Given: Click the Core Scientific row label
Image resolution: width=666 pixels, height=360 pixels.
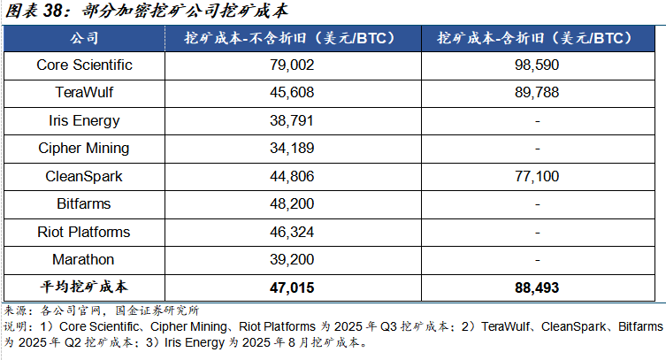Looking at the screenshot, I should click(84, 65).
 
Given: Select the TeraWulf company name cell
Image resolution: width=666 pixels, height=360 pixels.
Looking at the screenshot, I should click(84, 93).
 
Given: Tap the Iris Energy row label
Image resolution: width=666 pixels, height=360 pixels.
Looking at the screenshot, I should click(84, 120).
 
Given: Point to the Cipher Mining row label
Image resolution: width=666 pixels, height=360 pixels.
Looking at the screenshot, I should click(84, 148).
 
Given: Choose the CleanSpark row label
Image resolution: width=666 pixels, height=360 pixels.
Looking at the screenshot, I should click(84, 176).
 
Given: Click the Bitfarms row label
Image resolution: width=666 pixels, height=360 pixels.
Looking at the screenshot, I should click(84, 203).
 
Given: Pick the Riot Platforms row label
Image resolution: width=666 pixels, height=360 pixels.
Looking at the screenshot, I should click(84, 232).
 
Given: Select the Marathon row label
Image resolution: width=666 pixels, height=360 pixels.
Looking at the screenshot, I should click(84, 259).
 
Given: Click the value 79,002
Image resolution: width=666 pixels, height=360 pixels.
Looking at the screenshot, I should click(290, 65).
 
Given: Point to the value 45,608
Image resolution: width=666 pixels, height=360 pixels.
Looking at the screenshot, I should click(290, 93).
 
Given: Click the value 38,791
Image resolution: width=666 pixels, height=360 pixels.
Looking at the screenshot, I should click(290, 120).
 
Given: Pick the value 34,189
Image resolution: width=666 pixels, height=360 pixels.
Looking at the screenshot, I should click(290, 148).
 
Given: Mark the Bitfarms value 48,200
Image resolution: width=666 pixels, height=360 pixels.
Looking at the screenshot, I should click(290, 203).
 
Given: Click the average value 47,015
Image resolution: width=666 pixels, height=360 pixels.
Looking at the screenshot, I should click(290, 287).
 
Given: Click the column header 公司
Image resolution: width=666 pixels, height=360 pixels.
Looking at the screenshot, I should click(84, 39).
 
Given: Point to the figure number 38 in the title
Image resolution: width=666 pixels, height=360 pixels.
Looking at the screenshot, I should click(52, 11).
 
